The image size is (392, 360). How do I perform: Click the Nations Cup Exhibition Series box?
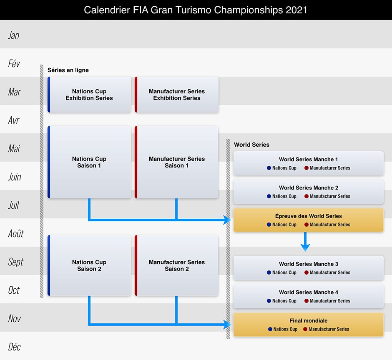(x=89, y=95)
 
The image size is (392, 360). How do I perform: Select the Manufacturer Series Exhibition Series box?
(x=177, y=95)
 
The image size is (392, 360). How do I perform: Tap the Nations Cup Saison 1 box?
(x=89, y=162)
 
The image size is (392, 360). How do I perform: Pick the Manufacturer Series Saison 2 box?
(x=177, y=265)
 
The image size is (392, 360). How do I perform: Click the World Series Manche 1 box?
(x=308, y=163)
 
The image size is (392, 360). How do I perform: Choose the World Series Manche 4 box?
(x=308, y=296)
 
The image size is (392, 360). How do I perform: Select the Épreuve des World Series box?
(x=308, y=220)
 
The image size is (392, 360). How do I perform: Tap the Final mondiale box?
(x=308, y=325)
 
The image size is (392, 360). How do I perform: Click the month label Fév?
(x=14, y=63)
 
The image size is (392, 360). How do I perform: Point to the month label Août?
(x=16, y=233)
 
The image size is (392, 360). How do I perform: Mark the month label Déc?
(x=14, y=347)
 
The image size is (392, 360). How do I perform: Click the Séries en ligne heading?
(x=68, y=70)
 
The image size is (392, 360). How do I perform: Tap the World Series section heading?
(x=251, y=145)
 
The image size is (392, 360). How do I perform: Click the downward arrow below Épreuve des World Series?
(x=305, y=242)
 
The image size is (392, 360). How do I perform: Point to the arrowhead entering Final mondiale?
(x=228, y=324)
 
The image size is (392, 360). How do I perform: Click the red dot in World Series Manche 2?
(x=307, y=196)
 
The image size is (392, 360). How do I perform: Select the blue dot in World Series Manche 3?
(x=269, y=272)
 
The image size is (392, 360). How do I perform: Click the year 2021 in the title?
(x=297, y=10)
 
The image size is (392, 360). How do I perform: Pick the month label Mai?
(x=14, y=148)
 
